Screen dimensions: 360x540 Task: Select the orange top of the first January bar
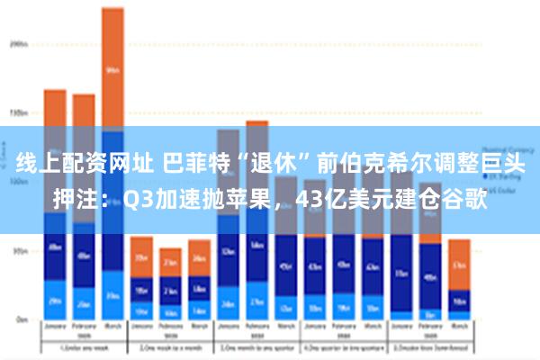(55, 108)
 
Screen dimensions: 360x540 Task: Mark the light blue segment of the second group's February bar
(170, 310)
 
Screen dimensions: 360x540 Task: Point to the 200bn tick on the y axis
(17, 43)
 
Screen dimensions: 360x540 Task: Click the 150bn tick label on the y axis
(17, 113)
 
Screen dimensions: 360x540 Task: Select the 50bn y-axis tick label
(17, 252)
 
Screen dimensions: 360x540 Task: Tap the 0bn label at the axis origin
(19, 319)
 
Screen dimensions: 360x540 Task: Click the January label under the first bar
(55, 328)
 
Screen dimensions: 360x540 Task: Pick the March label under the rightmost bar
(459, 328)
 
